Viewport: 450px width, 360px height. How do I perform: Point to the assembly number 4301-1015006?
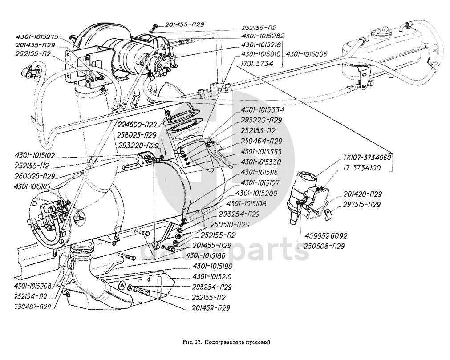[x=307, y=54]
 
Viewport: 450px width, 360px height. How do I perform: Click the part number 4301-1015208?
[x=32, y=286]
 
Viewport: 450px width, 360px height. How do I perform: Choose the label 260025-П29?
[x=34, y=176]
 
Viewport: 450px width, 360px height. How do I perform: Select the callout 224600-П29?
[x=137, y=125]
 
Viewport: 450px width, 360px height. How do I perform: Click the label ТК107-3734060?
[x=367, y=158]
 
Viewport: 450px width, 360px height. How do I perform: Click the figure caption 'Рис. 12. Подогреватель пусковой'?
[x=226, y=342]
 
